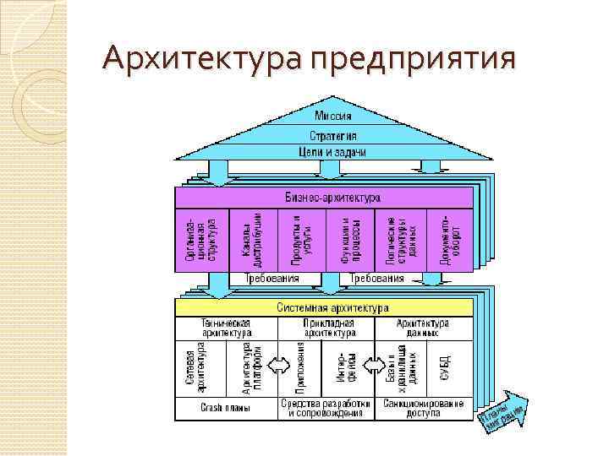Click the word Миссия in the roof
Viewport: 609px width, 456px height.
pos(332,116)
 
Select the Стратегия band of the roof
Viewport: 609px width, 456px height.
pos(332,135)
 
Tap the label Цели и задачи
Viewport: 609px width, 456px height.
pos(332,152)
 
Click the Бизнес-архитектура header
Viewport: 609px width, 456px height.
pos(332,197)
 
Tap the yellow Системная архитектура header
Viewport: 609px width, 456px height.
pos(332,308)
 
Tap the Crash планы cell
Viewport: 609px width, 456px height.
pos(225,409)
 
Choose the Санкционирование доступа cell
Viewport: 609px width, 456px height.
pos(423,409)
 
